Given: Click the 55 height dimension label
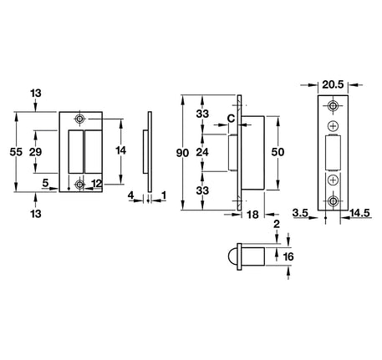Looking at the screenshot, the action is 16,152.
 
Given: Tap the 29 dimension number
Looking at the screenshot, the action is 35,152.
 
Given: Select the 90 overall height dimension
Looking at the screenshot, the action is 182,153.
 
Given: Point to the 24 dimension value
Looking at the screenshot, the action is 202,152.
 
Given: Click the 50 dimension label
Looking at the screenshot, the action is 278,152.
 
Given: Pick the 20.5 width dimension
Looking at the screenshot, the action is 333,84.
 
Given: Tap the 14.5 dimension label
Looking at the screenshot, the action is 359,213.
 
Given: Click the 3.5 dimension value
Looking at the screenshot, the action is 300,213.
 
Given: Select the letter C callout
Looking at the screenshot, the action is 231,119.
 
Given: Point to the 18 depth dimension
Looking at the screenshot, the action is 252,215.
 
